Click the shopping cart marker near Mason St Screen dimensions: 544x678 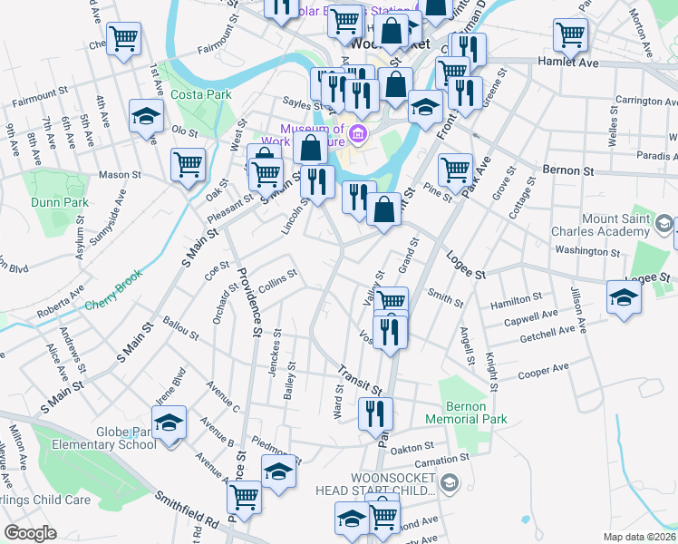(x=188, y=166)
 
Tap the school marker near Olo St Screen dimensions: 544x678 (x=145, y=116)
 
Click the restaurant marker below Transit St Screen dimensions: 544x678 (x=374, y=413)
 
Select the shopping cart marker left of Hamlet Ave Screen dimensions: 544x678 (x=570, y=35)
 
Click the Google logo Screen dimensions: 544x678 (x=30, y=533)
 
